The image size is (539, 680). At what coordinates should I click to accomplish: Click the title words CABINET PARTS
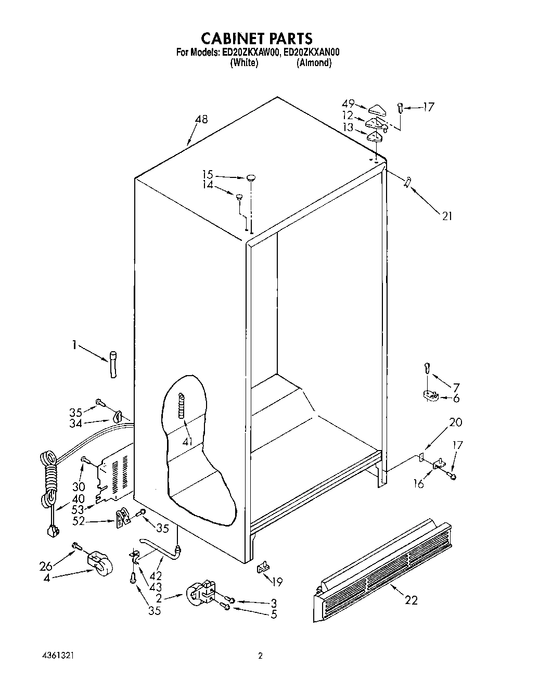256,38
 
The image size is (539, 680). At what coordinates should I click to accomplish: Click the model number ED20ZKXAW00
251,52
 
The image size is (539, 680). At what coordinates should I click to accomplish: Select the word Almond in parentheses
314,63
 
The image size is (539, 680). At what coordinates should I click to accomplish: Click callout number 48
201,120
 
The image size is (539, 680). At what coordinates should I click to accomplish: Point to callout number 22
410,600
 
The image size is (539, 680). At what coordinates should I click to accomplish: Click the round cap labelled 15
252,177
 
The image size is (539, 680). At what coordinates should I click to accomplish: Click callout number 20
455,422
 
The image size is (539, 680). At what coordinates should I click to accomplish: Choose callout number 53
78,509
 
